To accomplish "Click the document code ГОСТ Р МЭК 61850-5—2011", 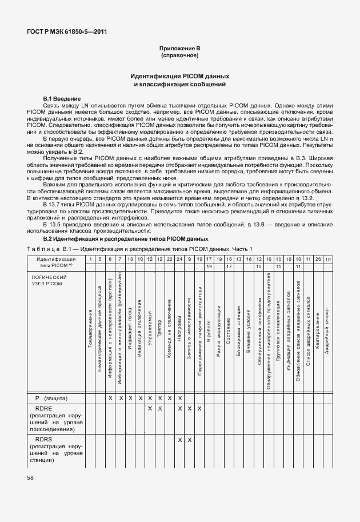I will (x=67, y=32).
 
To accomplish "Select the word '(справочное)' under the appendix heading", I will (x=179, y=57).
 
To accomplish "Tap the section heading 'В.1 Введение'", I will (x=62, y=99).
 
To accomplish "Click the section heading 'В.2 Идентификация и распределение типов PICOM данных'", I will (x=126, y=238).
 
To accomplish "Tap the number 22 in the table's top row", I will (x=170, y=260).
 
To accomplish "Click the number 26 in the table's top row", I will (x=318, y=260).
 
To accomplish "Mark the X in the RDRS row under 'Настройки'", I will (x=179, y=440).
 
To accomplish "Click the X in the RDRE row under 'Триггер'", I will (x=159, y=409).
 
